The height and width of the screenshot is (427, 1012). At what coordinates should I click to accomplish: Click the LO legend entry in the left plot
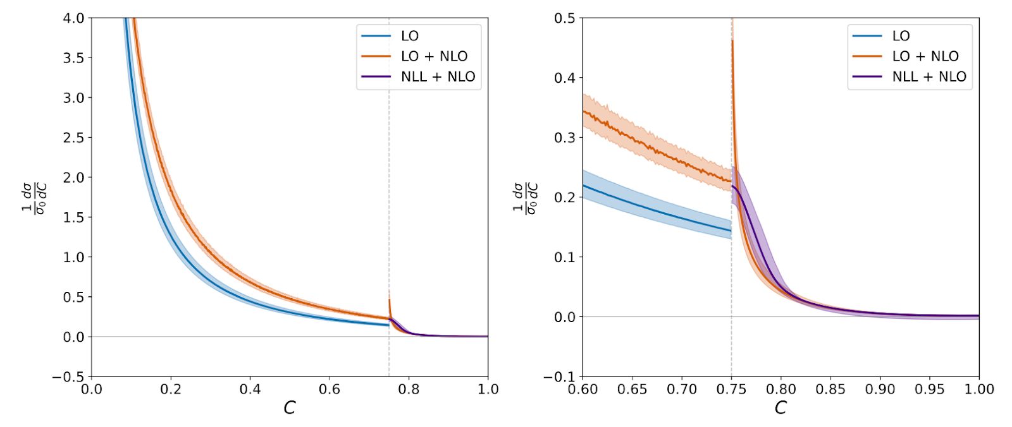coord(409,36)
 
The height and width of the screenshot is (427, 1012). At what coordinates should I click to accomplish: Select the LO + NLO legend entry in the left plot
coord(434,56)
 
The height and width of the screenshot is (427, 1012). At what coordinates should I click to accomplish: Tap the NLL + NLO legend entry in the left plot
coord(438,76)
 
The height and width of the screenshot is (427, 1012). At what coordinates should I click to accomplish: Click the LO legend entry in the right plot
coord(901,36)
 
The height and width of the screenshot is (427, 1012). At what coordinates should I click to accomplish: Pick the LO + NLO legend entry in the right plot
coord(925,56)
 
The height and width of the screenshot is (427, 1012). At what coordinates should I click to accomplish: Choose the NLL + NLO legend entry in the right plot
coord(929,76)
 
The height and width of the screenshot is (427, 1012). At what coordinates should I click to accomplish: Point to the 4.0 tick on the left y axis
coord(73,18)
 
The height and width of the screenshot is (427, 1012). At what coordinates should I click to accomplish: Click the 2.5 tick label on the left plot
coord(73,138)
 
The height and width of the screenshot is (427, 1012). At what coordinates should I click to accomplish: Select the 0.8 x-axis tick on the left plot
coord(409,389)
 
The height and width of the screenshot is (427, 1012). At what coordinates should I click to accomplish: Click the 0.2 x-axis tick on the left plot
coord(171,389)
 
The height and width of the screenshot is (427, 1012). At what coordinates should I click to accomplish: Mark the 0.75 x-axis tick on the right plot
coord(732,389)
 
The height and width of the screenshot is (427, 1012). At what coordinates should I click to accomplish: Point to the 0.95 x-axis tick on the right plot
coord(930,389)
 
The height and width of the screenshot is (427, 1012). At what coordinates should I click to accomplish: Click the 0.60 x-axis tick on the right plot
coord(583,389)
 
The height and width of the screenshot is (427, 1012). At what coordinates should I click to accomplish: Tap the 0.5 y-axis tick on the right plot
coord(565,18)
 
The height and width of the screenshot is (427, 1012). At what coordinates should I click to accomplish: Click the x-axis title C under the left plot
coord(290,408)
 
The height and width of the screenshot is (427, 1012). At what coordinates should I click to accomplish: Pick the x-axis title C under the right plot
coord(781,408)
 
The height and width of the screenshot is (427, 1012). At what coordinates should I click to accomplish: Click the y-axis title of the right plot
coord(526,198)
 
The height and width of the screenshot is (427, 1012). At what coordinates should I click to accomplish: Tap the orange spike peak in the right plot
coord(732,41)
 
